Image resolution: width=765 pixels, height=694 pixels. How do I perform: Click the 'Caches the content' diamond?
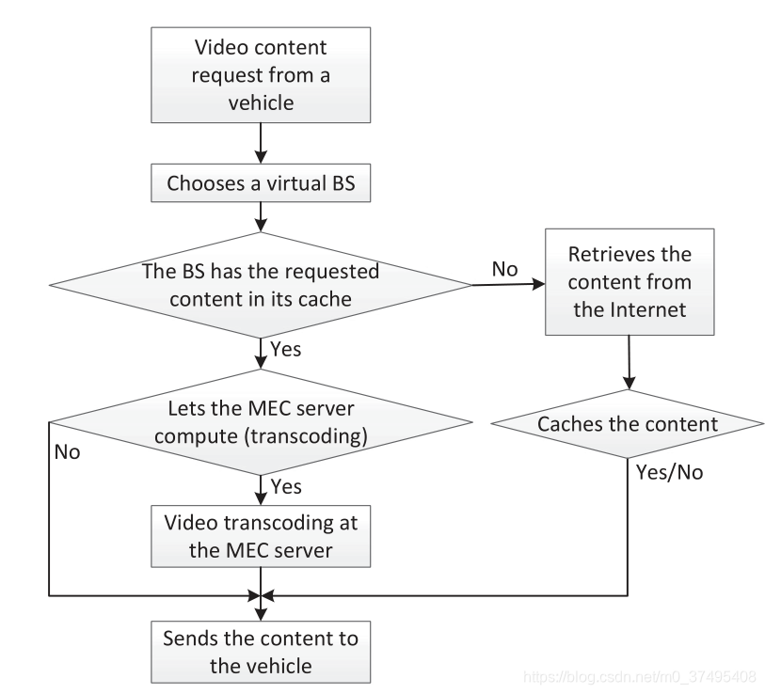628,423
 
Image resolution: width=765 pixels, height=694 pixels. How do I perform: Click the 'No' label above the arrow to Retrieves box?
506,269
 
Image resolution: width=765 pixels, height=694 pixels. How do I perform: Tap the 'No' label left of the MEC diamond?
67,451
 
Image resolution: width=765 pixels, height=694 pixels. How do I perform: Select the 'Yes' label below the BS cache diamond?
286,349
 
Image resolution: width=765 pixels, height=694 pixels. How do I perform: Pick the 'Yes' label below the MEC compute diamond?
286,486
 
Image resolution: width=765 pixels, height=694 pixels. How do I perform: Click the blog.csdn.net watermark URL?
639,676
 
